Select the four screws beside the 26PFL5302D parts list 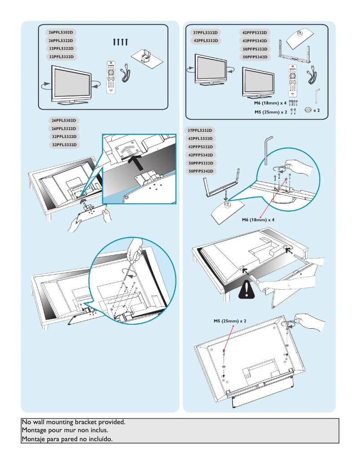click(121, 42)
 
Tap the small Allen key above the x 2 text click(318, 95)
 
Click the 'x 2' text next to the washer click(316, 110)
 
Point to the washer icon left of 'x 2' click(307, 110)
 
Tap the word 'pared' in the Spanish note click(68, 439)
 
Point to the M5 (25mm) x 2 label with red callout click(230, 322)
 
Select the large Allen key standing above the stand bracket click(267, 151)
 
